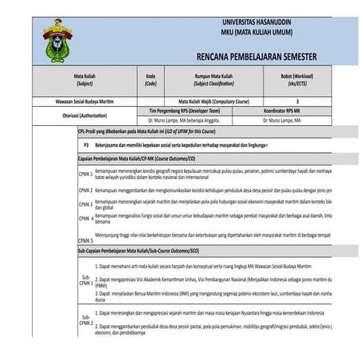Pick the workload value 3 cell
[297, 102]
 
